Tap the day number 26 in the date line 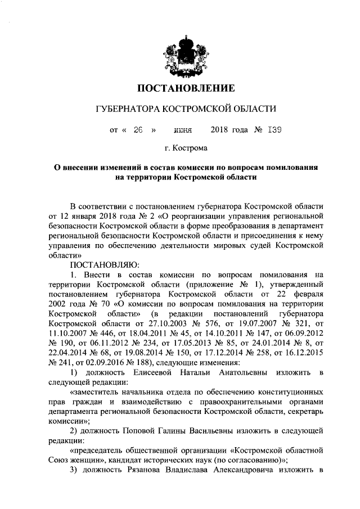click(x=138, y=129)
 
